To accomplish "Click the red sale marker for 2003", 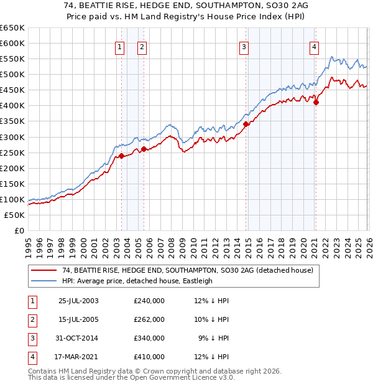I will [122, 156].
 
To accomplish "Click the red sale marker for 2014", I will [246, 124].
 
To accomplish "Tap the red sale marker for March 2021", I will [316, 103].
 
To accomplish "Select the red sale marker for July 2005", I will [144, 149].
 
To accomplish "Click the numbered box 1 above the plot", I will [119, 46].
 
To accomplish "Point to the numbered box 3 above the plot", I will [244, 46].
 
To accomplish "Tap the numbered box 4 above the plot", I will [315, 46].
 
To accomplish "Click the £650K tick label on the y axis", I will [12, 28].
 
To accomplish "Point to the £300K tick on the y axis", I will [12, 137].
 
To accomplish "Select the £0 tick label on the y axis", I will [19, 230].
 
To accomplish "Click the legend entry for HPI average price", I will [137, 281].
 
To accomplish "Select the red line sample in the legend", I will [44, 270].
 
